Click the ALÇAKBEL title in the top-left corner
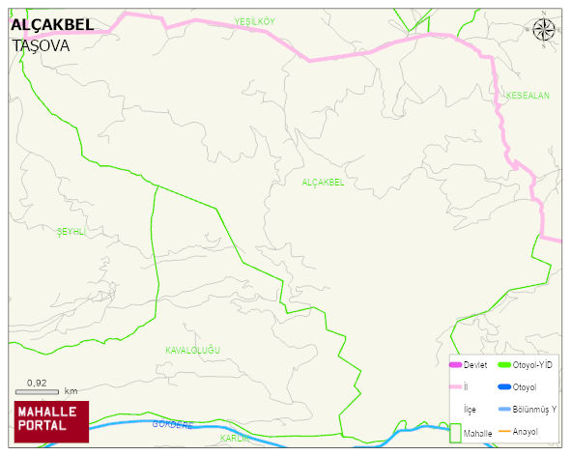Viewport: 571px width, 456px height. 52,25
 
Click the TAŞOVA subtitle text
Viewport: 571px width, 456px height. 42,44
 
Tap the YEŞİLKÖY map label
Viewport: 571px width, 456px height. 254,21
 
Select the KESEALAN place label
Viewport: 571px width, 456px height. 527,96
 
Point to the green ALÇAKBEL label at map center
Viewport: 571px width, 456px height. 323,182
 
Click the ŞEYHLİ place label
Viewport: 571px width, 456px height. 71,232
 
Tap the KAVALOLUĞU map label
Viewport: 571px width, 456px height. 193,349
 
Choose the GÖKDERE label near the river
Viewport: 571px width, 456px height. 173,424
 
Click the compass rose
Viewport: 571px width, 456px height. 544,29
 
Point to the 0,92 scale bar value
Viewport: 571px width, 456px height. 37,382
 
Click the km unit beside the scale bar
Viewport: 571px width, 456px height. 71,391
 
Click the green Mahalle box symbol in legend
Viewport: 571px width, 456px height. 455,433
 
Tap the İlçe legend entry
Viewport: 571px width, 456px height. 470,410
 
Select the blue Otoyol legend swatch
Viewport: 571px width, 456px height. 503,387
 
